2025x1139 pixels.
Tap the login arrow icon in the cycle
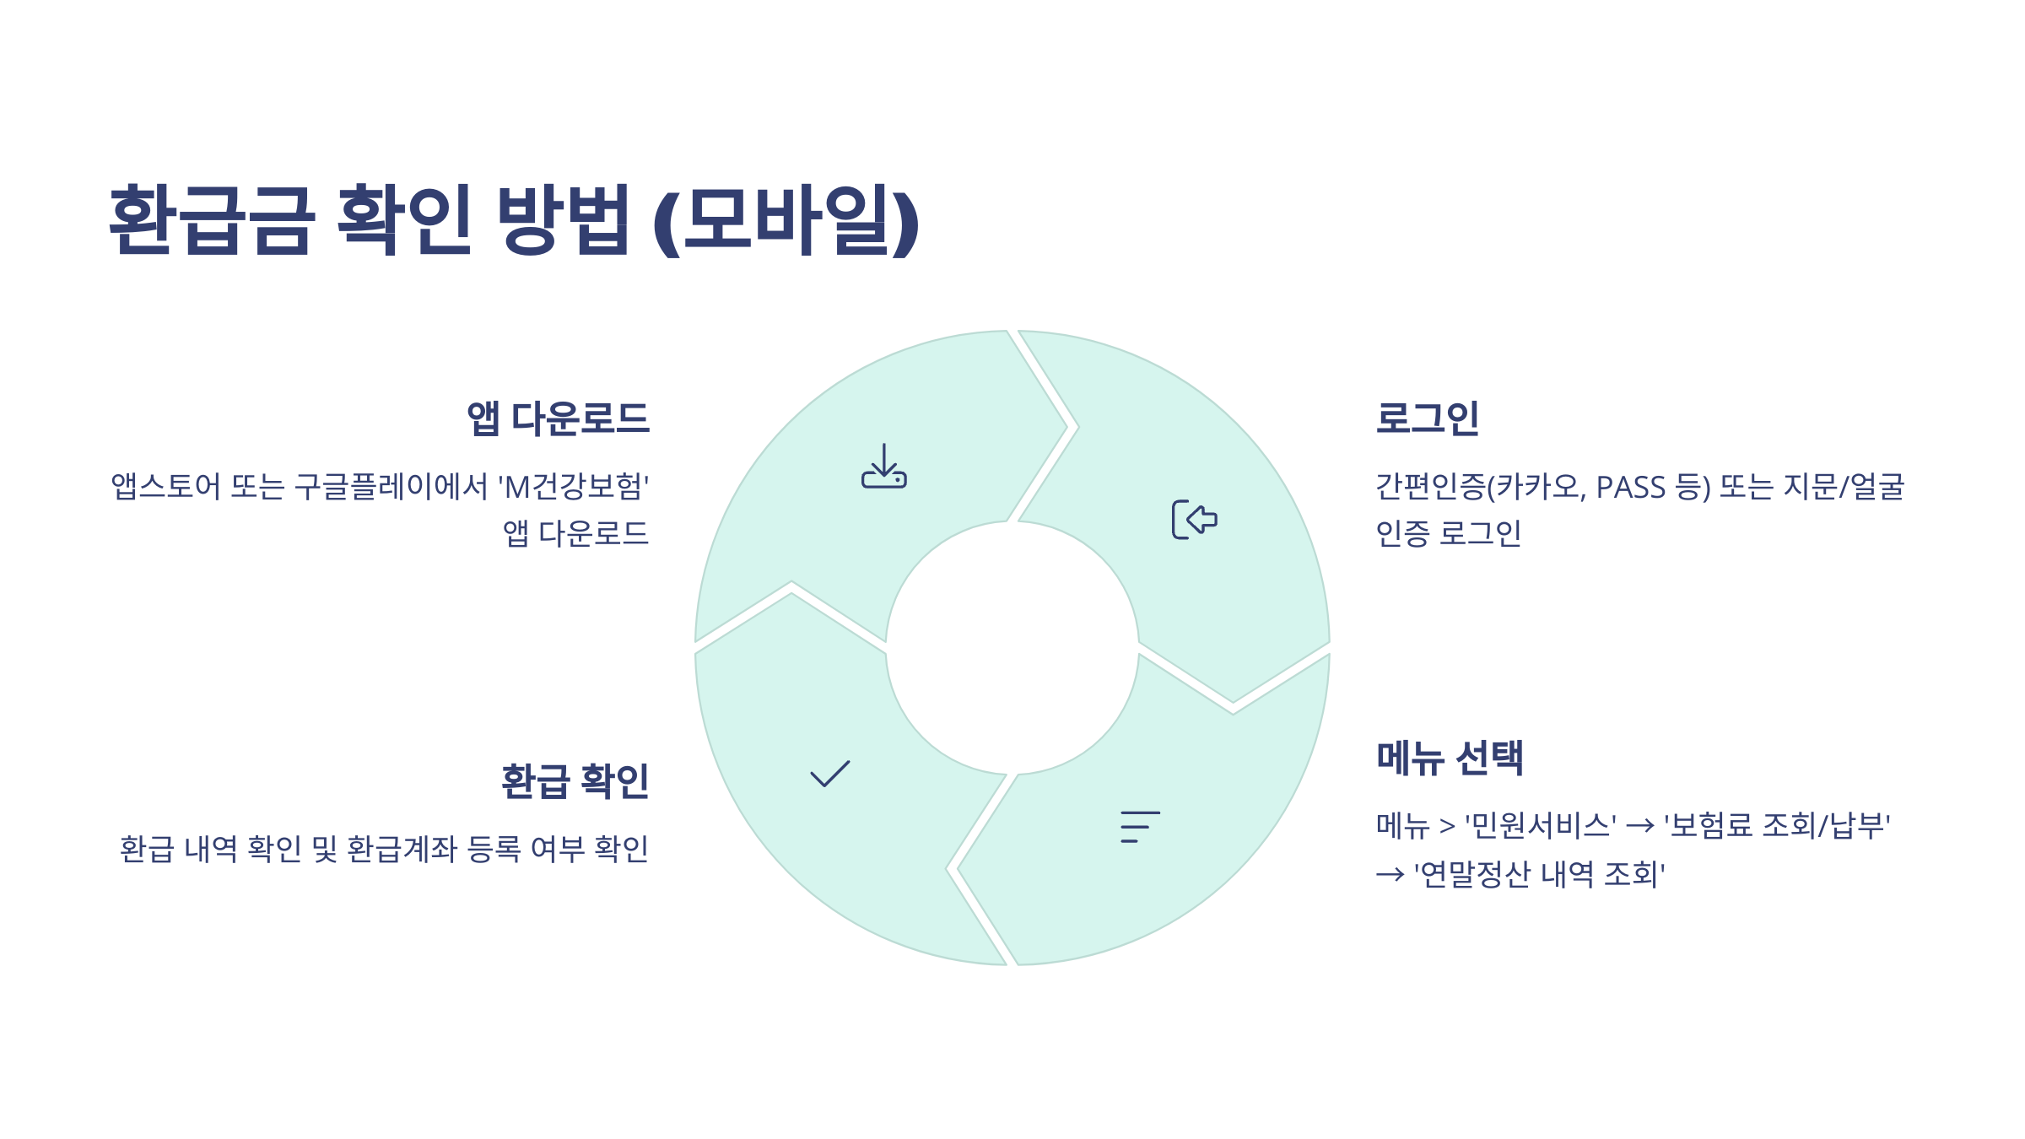[1195, 519]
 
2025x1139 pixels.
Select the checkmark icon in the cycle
[829, 774]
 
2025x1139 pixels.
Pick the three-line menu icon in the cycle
[1140, 827]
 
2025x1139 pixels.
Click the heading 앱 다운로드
[559, 418]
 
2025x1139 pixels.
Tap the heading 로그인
[1427, 418]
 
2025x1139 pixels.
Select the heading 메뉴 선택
[1450, 758]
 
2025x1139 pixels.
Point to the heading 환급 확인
[575, 781]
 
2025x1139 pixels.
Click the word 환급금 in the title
[212, 219]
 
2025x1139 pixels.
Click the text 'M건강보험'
[574, 487]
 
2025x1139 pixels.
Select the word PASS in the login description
[1630, 487]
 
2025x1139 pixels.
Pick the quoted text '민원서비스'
[1541, 825]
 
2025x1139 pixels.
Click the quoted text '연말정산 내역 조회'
[1540, 874]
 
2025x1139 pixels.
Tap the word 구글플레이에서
[391, 487]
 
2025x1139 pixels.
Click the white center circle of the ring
[1012, 648]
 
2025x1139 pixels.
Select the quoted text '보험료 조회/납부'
[1777, 825]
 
